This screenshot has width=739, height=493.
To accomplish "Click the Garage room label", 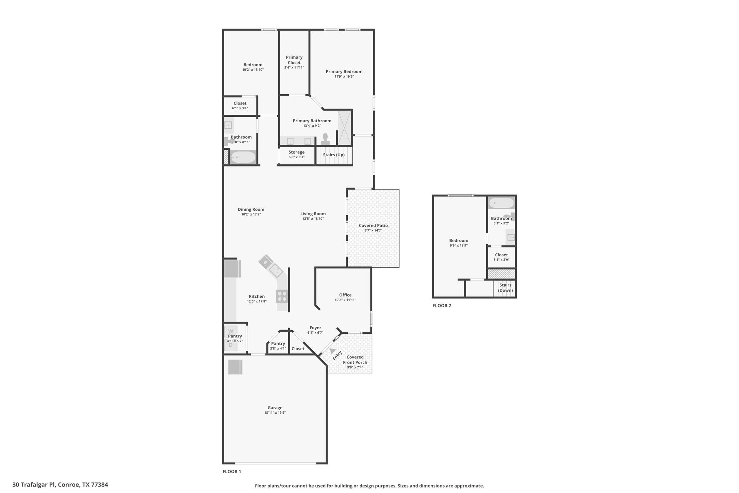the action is click(x=275, y=408).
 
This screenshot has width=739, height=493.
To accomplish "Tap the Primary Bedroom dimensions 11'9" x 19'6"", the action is click(x=344, y=77).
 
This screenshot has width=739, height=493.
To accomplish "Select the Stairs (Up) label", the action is click(x=334, y=155).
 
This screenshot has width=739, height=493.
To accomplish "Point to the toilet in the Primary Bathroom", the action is click(x=325, y=139).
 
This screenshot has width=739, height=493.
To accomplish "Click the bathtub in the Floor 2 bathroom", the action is click(x=501, y=203).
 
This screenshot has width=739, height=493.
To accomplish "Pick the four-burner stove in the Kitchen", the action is click(x=282, y=296).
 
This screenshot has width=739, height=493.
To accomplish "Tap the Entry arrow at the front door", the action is click(x=332, y=350).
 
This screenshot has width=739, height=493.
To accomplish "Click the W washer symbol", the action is click(x=231, y=331).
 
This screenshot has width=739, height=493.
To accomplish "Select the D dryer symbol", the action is click(x=231, y=345).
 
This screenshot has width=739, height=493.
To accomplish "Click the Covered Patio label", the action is click(x=373, y=225).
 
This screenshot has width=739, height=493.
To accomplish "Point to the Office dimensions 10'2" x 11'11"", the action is click(x=345, y=300).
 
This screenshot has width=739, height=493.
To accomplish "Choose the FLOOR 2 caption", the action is click(x=442, y=305).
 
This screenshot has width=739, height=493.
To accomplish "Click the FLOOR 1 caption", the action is click(x=232, y=472).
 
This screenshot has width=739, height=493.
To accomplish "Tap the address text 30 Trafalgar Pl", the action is click(x=34, y=484).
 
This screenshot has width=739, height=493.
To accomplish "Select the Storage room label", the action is click(x=296, y=152).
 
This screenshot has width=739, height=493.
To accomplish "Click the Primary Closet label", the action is click(x=294, y=60).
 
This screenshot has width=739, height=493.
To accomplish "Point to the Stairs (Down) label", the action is click(x=505, y=288).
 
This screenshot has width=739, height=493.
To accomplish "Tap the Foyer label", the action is click(x=315, y=328).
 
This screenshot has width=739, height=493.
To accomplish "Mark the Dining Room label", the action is click(x=251, y=209).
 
